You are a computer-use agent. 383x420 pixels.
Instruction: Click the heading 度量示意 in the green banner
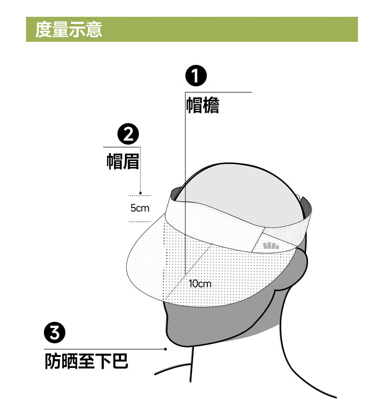point(68,29)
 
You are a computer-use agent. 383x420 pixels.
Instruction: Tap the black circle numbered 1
point(196,76)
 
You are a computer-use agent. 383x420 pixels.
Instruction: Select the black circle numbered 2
point(128,134)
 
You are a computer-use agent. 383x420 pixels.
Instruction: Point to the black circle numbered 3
point(55,333)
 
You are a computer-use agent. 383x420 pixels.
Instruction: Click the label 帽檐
point(203,105)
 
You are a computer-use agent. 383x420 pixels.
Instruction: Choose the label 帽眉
point(123,161)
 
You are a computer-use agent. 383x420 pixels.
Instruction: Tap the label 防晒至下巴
point(86,361)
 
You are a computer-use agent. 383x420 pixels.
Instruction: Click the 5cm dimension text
point(140,208)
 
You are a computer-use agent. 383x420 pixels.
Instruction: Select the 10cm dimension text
point(200,284)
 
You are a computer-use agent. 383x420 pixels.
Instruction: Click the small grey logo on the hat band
point(271,246)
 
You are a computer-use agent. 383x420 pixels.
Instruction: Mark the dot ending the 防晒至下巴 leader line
point(165,349)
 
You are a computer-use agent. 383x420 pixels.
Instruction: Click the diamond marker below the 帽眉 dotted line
point(140,193)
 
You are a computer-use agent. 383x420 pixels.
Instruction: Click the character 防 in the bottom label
point(53,361)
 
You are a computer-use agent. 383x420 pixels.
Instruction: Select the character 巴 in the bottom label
point(120,361)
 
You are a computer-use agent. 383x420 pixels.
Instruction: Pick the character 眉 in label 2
point(131,161)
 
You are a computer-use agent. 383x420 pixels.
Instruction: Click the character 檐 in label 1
point(211,105)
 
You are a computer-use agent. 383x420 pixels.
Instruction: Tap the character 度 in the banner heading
point(43,29)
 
